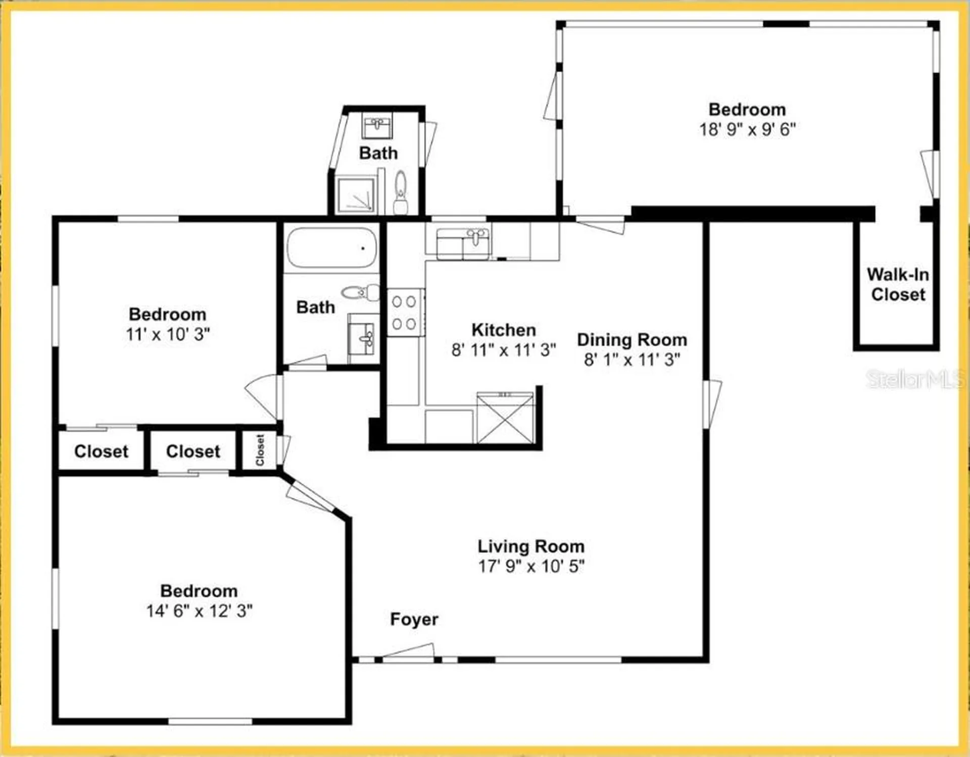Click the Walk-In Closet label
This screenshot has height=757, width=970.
898,284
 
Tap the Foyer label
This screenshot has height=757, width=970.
414,619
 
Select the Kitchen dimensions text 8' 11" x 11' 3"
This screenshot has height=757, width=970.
503,349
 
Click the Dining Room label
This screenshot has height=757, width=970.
632,340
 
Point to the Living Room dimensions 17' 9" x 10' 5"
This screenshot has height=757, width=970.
531,566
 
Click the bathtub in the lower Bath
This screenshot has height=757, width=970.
332,247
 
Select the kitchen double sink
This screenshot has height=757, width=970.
463,244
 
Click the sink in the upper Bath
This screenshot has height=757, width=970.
377,126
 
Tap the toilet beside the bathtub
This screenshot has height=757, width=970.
361,292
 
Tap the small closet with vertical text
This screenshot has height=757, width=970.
260,450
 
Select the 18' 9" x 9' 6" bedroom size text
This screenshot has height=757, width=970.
747,129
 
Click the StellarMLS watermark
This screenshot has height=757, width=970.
914,379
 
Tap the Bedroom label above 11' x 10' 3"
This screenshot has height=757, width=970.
167,314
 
